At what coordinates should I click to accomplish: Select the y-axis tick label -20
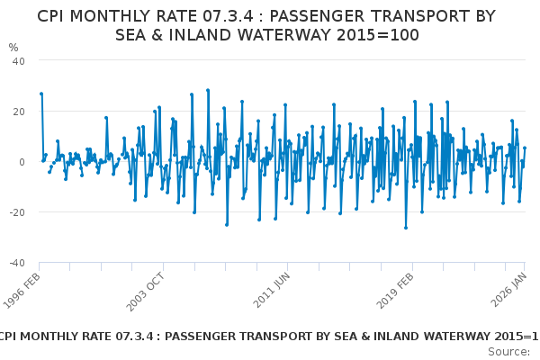17,212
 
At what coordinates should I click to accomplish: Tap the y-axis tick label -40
17,263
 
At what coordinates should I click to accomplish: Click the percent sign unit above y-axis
13,48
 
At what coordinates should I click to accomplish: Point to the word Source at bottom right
508,351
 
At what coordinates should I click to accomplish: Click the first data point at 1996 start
40,94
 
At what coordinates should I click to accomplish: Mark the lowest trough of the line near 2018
405,228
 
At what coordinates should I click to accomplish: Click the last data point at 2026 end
525,148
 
